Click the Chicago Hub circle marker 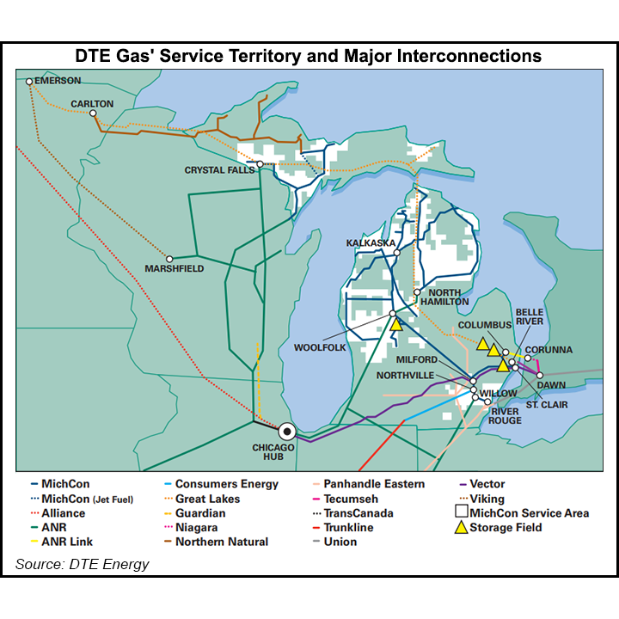[x=286, y=431]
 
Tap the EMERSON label [x=58, y=81]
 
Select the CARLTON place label [x=92, y=104]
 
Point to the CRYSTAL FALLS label [x=219, y=170]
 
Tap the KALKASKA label [x=371, y=243]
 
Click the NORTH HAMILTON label [x=444, y=297]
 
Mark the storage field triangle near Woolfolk [x=395, y=325]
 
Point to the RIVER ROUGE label [x=506, y=415]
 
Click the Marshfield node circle [x=169, y=258]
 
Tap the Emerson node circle [x=29, y=82]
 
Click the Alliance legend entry [x=58, y=513]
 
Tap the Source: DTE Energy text [x=82, y=564]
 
